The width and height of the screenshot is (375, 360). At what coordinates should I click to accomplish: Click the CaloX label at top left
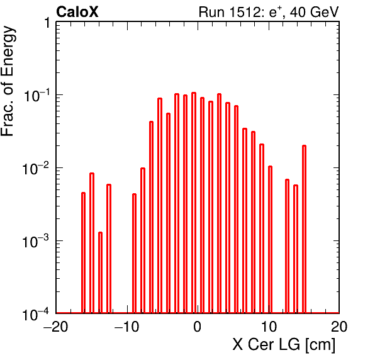[x=77, y=12]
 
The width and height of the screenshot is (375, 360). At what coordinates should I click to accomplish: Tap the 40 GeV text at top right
[x=314, y=12]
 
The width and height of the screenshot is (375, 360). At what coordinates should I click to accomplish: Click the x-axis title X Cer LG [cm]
[x=284, y=345]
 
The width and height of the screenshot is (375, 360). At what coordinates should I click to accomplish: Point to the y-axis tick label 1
[x=47, y=23]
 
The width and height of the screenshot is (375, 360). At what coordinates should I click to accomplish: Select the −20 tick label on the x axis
[x=56, y=327]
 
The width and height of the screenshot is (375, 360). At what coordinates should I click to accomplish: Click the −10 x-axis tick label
[x=126, y=327]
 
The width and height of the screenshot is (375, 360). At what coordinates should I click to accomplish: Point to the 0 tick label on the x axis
[x=198, y=327]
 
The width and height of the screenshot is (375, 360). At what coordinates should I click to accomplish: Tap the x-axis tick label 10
[x=269, y=327]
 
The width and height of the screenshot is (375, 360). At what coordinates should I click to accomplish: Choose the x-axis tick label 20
[x=339, y=327]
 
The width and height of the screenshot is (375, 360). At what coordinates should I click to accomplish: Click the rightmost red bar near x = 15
[x=304, y=229]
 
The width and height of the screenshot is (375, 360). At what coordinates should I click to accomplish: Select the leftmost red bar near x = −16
[x=83, y=252]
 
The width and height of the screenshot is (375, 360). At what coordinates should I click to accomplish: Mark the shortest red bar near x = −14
[x=100, y=273]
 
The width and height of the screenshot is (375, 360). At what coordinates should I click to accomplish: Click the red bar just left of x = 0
[x=194, y=203]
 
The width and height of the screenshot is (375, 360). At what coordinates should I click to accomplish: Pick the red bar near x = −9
[x=134, y=253]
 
